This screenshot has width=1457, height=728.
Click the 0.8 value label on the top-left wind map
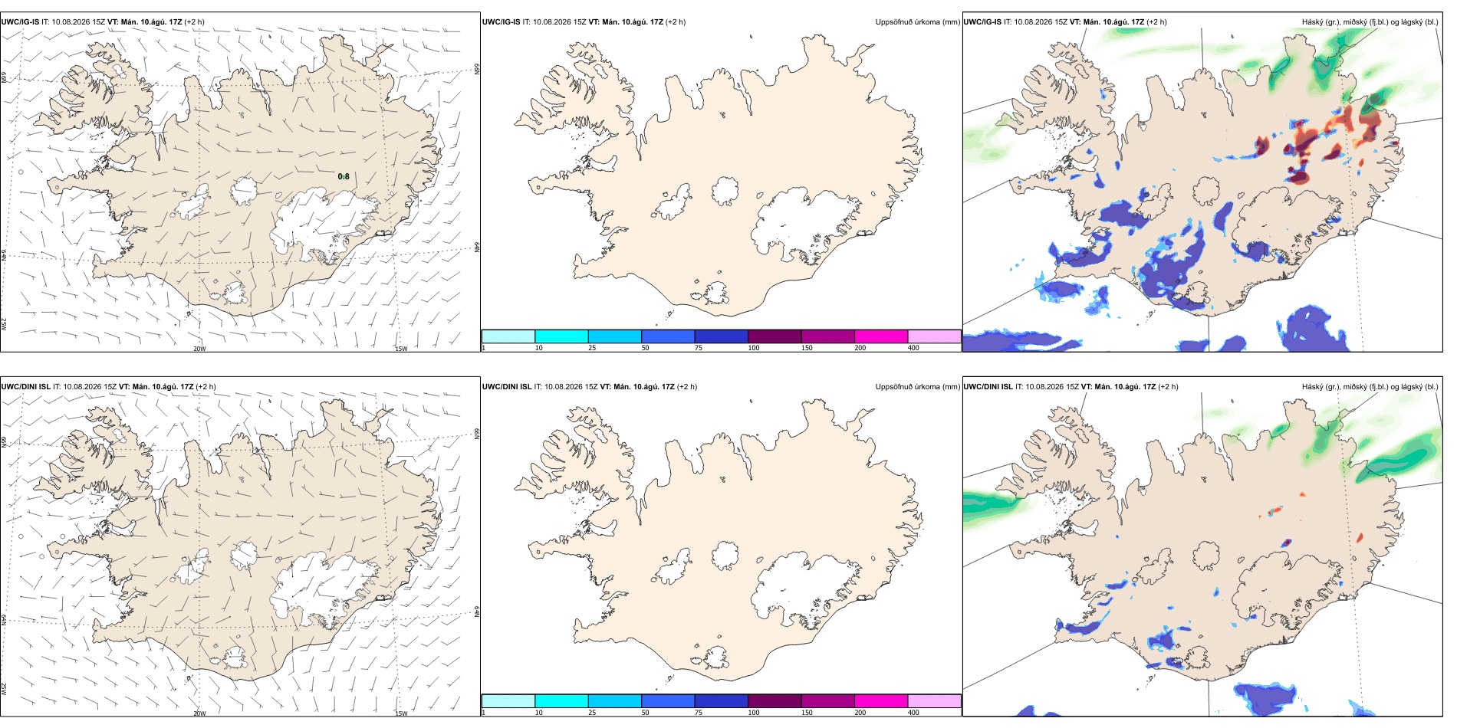pos(344,177)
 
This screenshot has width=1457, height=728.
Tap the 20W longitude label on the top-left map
pos(199,349)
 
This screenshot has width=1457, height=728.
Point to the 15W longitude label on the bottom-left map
pos(401,713)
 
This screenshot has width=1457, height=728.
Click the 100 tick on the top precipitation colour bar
pos(754,348)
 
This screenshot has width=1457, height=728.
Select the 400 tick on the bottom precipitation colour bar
pos(913,713)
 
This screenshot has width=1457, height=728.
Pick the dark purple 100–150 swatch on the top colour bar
pos(775,336)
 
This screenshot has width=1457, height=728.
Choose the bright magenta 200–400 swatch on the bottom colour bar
pos(881,701)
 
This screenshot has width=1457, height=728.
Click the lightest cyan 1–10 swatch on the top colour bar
pos(508,336)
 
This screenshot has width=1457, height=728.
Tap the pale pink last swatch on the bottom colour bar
pos(934,701)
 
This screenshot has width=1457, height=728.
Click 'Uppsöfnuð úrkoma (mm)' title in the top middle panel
pos(917,22)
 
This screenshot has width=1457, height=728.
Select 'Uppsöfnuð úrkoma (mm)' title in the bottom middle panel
pos(917,387)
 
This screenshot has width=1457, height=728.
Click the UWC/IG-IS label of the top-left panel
pos(21,22)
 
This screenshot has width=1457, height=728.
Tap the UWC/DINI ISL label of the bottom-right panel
pos(988,387)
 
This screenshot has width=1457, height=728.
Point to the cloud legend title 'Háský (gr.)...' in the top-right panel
pos(1370,22)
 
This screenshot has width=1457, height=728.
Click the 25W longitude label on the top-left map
pos(4,324)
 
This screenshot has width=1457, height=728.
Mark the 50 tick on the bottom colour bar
pos(646,713)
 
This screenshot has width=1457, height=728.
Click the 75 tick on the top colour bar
pos(699,348)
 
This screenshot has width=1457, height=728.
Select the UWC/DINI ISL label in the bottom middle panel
pos(507,387)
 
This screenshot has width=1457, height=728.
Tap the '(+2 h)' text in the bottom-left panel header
pos(206,387)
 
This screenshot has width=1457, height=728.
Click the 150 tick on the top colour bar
pos(807,348)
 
